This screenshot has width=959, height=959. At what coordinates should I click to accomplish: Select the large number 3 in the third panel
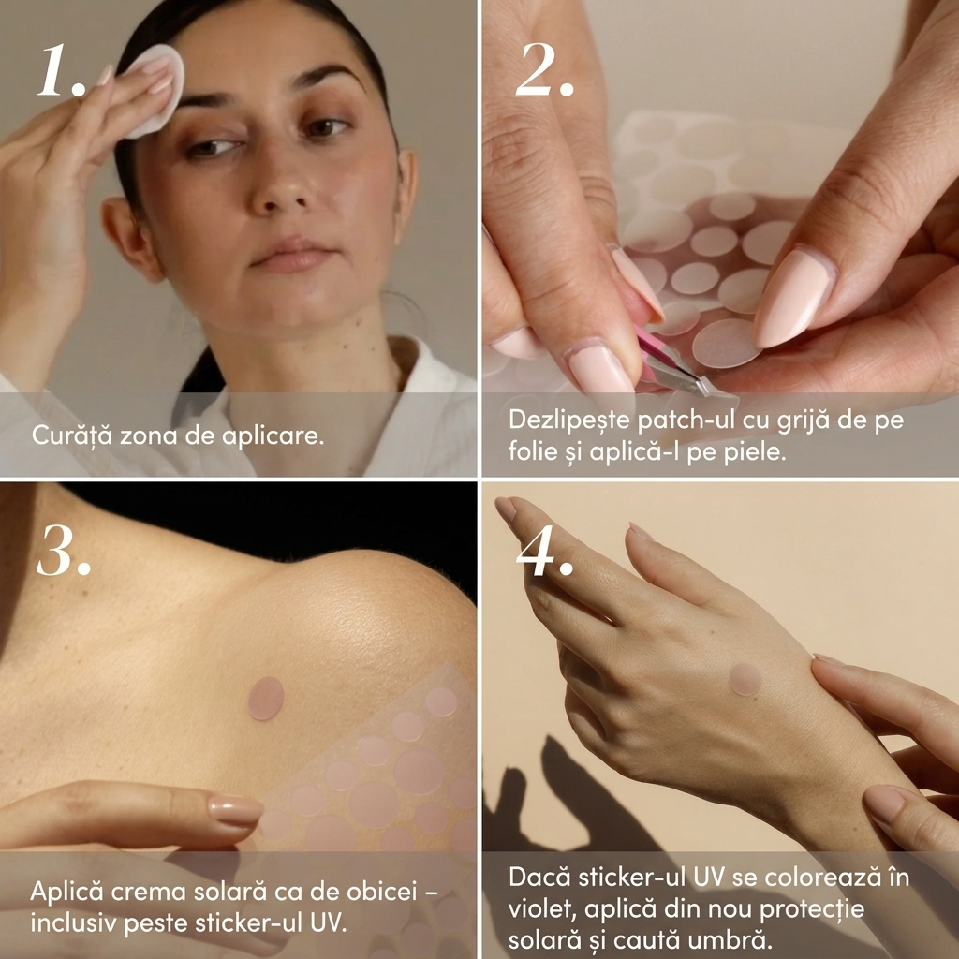click(x=56, y=551)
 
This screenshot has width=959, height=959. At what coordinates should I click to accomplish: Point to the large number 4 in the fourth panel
click(x=537, y=551)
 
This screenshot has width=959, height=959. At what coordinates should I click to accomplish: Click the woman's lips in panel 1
click(x=292, y=257)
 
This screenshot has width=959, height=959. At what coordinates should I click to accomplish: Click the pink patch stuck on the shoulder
click(x=266, y=699)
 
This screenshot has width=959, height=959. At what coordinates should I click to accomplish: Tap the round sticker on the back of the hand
click(x=745, y=679)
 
